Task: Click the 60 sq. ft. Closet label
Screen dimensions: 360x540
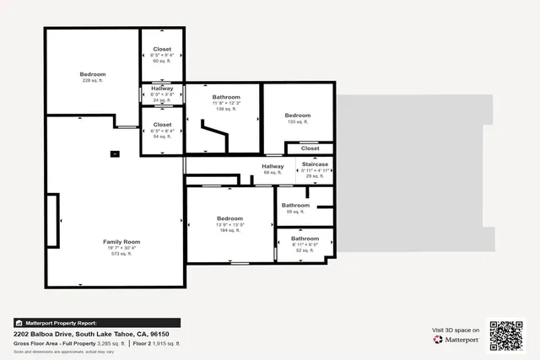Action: click(162, 49)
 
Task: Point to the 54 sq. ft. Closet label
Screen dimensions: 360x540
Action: click(162, 124)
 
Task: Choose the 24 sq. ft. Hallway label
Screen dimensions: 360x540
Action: click(162, 89)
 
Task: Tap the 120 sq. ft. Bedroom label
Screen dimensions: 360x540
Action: click(298, 116)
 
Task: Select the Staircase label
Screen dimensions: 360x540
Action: click(314, 164)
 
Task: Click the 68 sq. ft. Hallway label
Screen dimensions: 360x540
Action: click(273, 167)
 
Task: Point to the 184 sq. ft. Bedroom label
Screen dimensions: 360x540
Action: click(230, 218)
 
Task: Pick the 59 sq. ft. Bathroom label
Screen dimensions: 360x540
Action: click(295, 205)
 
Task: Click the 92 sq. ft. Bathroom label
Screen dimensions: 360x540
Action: click(305, 239)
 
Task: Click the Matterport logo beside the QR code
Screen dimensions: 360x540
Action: click(456, 340)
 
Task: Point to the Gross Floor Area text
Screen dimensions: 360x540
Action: click(40, 344)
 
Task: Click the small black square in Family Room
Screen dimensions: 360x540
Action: click(115, 153)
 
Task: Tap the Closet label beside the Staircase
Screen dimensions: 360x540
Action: click(310, 148)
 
